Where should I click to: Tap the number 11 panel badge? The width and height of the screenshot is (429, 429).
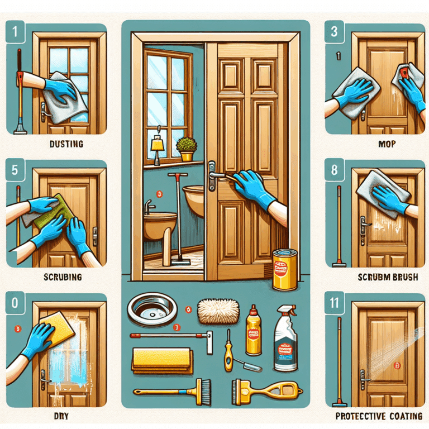pyautogui.click(x=334, y=305)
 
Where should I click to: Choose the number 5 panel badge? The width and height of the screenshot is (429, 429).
pyautogui.click(x=15, y=171)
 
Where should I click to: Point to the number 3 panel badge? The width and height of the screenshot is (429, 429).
pyautogui.click(x=334, y=32)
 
